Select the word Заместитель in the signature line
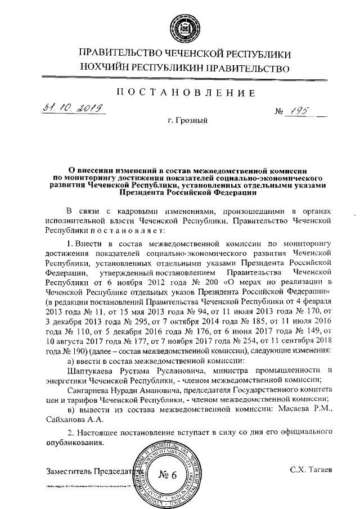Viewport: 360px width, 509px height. [x=68, y=470]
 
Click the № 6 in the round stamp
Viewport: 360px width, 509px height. [x=167, y=474]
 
